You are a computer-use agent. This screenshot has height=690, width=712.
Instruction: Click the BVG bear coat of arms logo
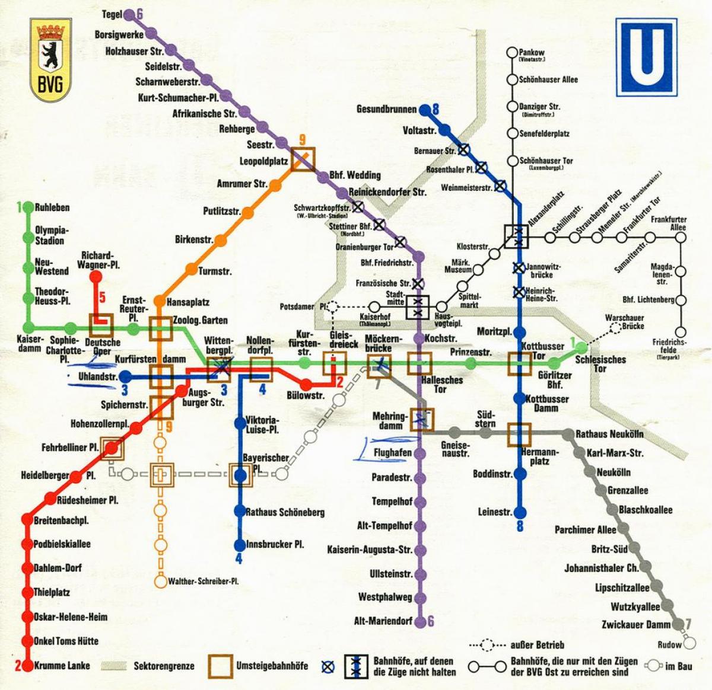(50, 60)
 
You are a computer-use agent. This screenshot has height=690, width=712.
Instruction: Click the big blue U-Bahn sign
(645, 57)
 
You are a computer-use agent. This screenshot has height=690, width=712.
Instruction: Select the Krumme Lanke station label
(62, 665)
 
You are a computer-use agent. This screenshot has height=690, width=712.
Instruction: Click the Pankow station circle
(511, 53)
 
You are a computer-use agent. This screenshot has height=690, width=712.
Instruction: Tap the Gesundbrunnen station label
(386, 110)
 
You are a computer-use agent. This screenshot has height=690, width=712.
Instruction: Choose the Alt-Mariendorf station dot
(420, 621)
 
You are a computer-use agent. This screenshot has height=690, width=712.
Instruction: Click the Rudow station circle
(688, 643)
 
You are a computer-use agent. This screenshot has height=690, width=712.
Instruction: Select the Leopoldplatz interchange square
(302, 159)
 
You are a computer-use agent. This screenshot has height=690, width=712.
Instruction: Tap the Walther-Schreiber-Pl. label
(203, 582)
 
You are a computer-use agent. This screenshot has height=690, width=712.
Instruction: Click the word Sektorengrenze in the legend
(164, 666)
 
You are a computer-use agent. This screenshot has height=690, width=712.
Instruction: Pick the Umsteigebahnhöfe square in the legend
(220, 666)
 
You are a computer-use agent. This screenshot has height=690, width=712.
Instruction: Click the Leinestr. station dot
(520, 512)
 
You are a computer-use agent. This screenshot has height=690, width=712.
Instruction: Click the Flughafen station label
(393, 453)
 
